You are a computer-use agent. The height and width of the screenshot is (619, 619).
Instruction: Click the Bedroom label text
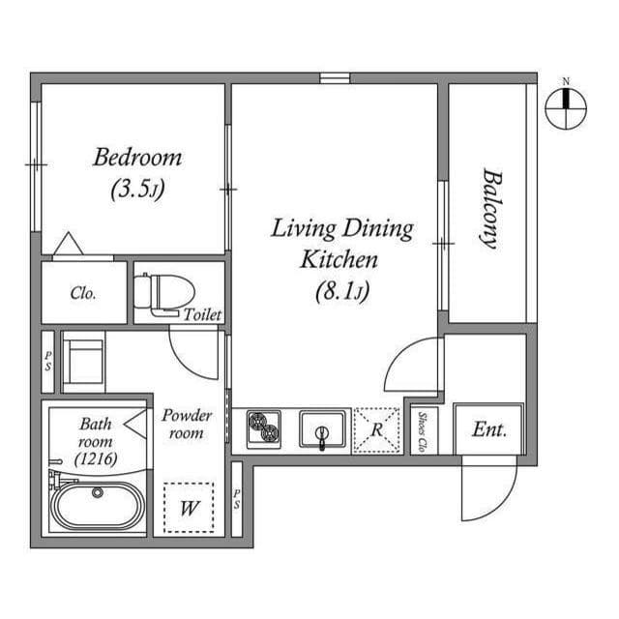point(136,157)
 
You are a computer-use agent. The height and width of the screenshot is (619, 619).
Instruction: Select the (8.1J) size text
point(342,289)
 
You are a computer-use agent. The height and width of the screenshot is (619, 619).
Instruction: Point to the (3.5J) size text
point(136,189)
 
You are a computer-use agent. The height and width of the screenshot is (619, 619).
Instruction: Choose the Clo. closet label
point(83,293)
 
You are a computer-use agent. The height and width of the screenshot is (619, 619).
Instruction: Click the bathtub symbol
point(97,506)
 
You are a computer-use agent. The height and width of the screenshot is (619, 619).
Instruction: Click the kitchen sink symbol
point(322,428)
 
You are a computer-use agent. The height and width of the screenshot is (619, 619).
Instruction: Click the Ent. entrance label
point(489,428)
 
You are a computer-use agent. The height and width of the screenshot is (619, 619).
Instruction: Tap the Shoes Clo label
point(424,430)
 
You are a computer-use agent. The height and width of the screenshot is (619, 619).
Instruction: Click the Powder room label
point(187,424)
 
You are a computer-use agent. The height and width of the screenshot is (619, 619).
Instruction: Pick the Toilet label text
point(204,314)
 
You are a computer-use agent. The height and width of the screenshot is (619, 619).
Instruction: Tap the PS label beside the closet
point(47,360)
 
